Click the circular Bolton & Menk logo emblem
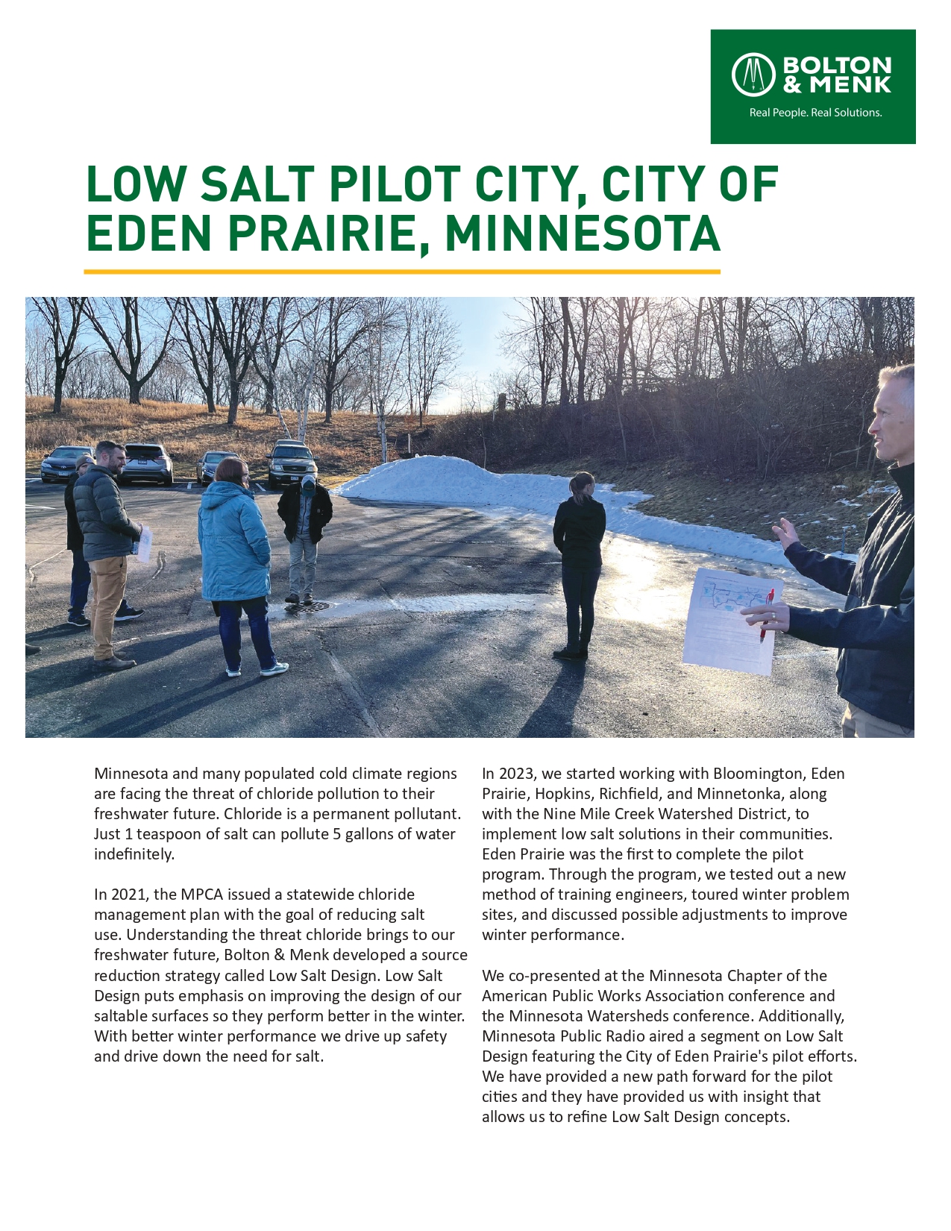tap(753, 75)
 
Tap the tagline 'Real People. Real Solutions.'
tap(815, 113)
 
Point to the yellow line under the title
tap(402, 272)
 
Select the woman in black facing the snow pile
tap(579, 560)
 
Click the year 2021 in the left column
tap(131, 895)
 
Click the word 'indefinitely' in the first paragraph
tap(134, 854)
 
